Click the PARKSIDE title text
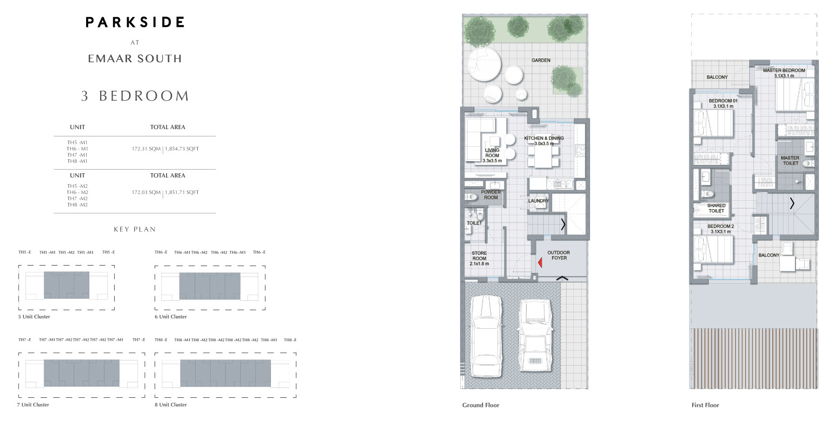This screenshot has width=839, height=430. coord(135,22)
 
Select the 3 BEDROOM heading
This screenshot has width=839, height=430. coord(135,96)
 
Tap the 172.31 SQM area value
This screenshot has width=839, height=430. coord(146,149)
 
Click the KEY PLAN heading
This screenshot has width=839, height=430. coord(135,229)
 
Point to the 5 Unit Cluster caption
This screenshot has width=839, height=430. coord(34,316)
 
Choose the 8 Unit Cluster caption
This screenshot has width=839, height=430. coord(171,405)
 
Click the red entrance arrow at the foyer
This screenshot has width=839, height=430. coord(540,263)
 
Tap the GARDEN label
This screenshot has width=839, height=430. coord(541,60)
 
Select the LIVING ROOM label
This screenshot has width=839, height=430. coord(492,155)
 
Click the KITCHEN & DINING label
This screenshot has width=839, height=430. coord(544,141)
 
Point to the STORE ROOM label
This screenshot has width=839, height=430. coord(479,258)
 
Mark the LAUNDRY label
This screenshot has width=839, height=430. coord(538,201)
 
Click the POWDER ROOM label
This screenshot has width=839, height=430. coord(490,195)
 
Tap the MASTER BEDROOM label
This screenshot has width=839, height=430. coord(783,73)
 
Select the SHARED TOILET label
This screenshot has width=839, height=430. coord(716,208)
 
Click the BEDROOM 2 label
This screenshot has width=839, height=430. coord(720,229)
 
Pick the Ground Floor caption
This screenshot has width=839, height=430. coord(480,405)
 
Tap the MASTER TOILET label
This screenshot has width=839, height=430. coord(790,160)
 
